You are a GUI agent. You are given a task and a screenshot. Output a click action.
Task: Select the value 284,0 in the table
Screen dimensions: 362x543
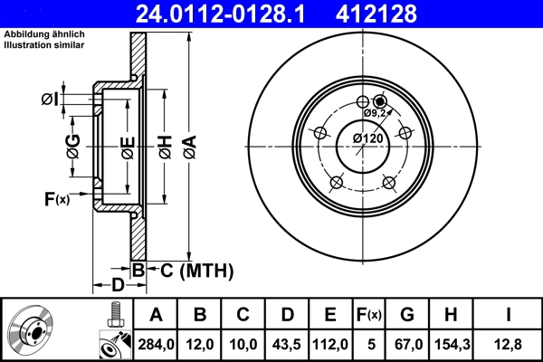[x=156, y=343]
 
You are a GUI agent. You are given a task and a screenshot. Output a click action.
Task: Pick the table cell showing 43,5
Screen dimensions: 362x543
[x=288, y=343]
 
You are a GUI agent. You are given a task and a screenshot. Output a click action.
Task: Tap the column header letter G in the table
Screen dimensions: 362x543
[x=406, y=315]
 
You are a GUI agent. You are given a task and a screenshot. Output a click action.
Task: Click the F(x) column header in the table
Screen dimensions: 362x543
[x=368, y=315]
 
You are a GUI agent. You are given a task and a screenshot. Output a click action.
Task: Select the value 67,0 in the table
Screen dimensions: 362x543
[x=406, y=343]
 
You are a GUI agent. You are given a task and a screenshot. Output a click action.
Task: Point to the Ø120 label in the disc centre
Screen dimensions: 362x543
[x=367, y=138]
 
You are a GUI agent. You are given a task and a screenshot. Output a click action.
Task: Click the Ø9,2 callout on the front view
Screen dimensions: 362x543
[x=376, y=113]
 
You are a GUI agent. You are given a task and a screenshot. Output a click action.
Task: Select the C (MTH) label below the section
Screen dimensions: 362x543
[x=192, y=270]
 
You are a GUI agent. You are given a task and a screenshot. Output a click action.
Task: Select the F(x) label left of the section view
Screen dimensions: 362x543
[x=56, y=198]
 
